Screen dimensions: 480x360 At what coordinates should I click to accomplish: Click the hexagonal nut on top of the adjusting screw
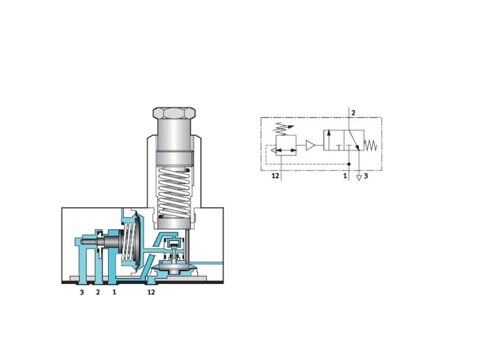(x=174, y=112)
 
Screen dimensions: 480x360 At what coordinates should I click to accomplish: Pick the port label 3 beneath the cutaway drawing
(x=82, y=292)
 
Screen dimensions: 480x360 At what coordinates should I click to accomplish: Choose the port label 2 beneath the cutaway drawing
(x=98, y=292)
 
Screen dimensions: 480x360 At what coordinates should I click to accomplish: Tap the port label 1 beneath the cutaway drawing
(x=114, y=292)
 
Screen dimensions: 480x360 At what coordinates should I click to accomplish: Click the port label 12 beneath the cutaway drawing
(x=151, y=292)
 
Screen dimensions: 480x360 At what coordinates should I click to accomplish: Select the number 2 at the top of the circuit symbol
(x=353, y=113)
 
